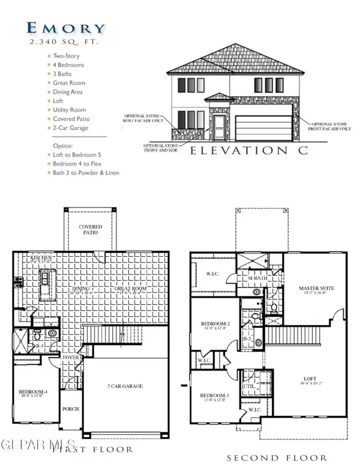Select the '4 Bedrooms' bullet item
(x=68, y=65)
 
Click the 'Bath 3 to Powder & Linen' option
(x=86, y=173)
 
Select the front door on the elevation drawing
(x=220, y=127)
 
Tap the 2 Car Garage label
(x=125, y=386)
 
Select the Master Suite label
(x=316, y=289)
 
